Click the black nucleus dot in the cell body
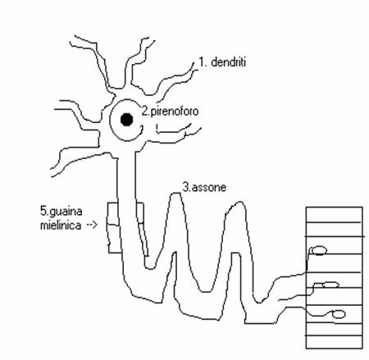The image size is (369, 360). pos(127,120)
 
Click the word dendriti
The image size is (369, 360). pos(229,62)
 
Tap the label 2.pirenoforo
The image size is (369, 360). pos(170,112)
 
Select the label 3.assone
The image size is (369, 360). pos(204,187)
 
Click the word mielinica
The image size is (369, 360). pos(61,226)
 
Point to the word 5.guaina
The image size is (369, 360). pos(61,212)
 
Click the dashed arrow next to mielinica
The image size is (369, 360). pos(92,226)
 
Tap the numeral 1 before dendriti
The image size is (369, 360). pos(202,62)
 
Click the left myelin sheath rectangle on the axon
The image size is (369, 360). pos(114,227)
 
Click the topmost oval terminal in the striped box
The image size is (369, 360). pos(318,250)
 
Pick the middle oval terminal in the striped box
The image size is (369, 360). pos(330,285)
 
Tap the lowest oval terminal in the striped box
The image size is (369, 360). pos(339,314)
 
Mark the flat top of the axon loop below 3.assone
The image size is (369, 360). pos(175,194)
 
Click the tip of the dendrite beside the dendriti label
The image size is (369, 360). pos(194,62)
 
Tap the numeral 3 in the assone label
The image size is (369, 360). pos(185,187)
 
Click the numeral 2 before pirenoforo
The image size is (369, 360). pos(144,111)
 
